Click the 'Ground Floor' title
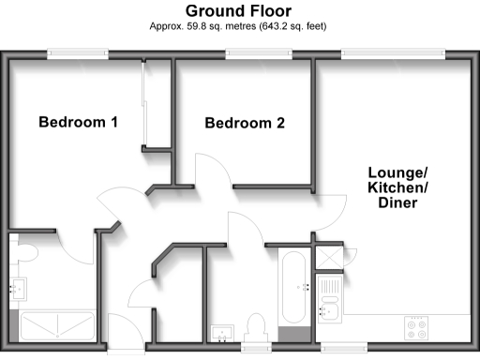coord(238,10)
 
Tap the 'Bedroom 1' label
coord(78,122)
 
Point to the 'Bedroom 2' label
coord(245,123)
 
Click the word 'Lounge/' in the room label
coord(397,173)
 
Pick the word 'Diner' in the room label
coord(397,203)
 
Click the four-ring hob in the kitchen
coord(416,328)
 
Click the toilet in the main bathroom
coord(254,328)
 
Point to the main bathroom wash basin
coord(223,332)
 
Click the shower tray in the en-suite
coord(56,325)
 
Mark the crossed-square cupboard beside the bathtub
coord(330,258)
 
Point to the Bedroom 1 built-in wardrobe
coord(155,103)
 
